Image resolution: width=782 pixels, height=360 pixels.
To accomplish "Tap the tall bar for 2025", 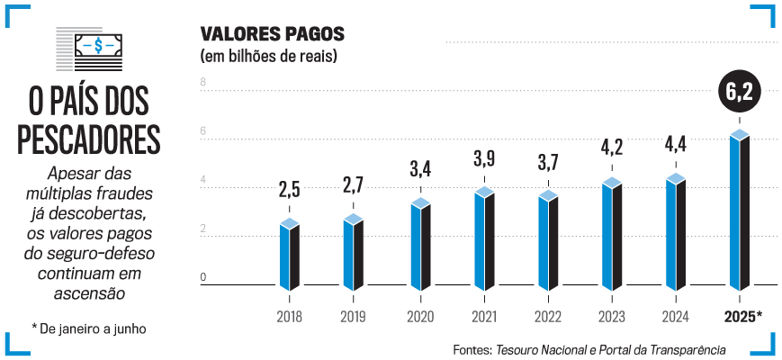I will [x=740, y=211].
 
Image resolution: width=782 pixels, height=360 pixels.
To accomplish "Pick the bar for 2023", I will [x=612, y=234].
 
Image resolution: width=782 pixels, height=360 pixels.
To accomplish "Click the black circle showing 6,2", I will [x=740, y=91].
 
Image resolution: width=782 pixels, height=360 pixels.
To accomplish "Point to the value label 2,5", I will [x=289, y=191].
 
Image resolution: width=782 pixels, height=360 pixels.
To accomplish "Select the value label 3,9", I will [x=484, y=161].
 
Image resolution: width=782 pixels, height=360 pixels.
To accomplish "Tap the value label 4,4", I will [x=676, y=144].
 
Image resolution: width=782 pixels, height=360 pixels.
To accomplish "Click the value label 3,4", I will [x=420, y=168].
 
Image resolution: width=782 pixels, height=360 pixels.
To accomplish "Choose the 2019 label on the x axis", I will [x=354, y=317].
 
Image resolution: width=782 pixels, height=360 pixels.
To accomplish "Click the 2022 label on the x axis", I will [x=548, y=317].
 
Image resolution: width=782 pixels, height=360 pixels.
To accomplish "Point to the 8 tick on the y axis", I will [x=203, y=83].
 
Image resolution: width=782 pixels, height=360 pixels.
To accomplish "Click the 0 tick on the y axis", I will [x=203, y=277].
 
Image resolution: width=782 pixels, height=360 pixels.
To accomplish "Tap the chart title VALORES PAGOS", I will [x=272, y=36].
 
